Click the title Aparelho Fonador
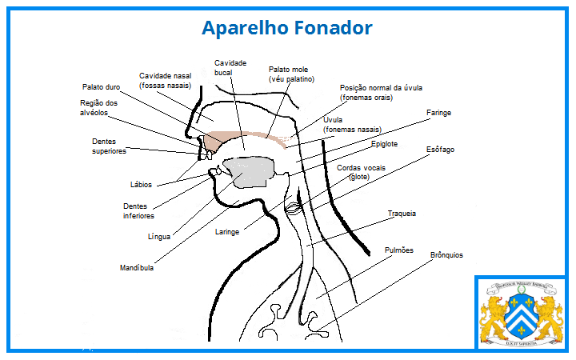[287, 28]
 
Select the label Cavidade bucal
[230, 67]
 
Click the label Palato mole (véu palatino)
[291, 74]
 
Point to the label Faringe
[438, 114]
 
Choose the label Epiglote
[384, 144]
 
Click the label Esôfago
[439, 150]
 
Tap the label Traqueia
[402, 214]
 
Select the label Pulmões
[398, 250]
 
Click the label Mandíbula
[136, 268]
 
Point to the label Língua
[159, 237]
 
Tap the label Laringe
[228, 233]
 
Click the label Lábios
[141, 185]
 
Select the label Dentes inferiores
[138, 210]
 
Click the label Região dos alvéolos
[99, 108]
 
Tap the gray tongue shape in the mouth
[249, 171]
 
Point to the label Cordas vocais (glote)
[361, 172]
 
